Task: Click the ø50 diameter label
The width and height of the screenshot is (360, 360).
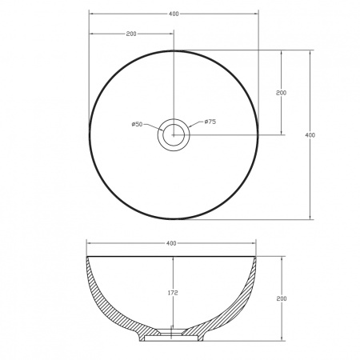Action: pos(138,124)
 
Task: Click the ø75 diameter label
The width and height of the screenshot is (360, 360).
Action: pos(210,122)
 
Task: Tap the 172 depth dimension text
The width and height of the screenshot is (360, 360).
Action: pos(173,293)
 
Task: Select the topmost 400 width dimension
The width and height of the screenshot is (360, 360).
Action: pos(174,14)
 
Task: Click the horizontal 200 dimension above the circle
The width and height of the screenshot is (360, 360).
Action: pos(131,34)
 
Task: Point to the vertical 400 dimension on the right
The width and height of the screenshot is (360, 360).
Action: pos(310,135)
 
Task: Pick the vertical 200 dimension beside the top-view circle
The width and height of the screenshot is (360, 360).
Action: pos(281,93)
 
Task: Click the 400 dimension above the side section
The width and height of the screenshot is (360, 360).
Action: pos(171,243)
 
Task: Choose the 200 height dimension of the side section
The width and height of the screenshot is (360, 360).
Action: pos(282,298)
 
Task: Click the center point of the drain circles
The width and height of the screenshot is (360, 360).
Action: pos(174,135)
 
